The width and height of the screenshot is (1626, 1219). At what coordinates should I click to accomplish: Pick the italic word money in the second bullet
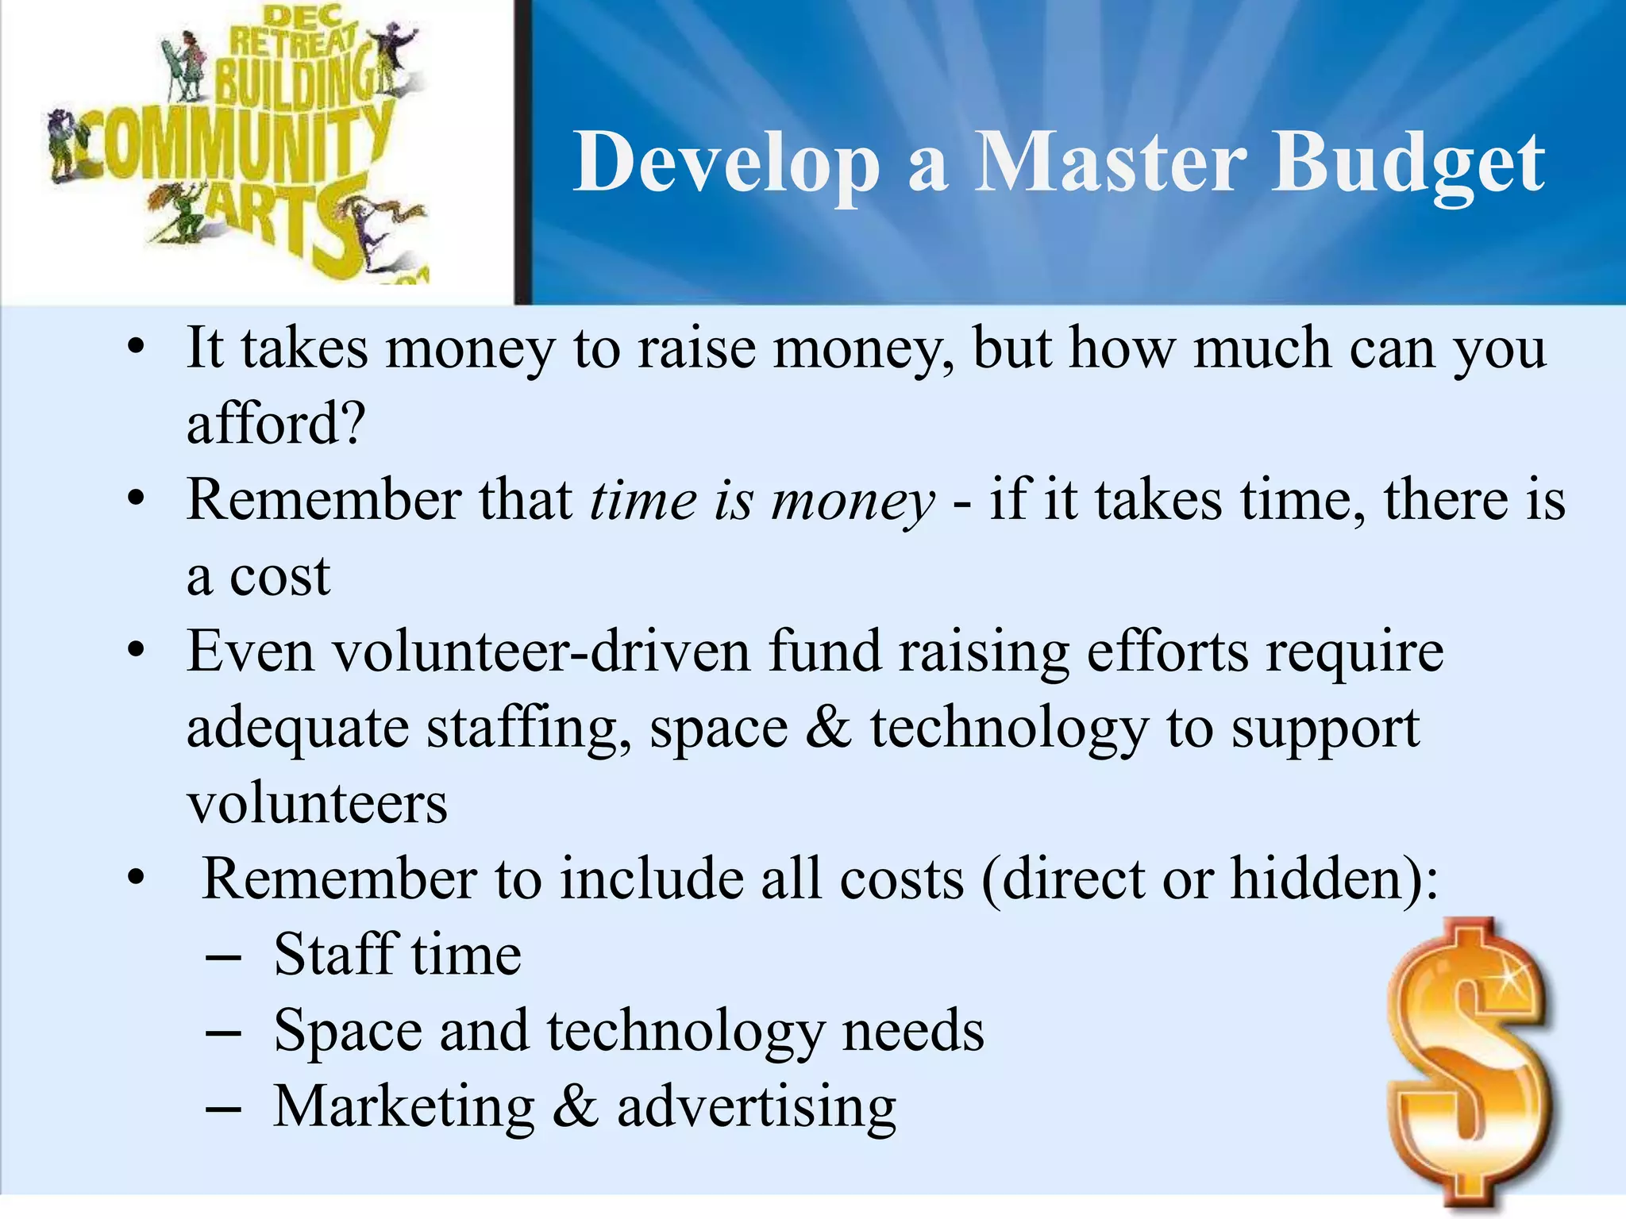853,502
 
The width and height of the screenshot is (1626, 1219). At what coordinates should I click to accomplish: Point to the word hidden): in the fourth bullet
1335,879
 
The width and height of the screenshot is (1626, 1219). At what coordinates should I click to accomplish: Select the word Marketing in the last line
404,1107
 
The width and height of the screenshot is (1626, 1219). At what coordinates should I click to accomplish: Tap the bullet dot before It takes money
136,348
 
